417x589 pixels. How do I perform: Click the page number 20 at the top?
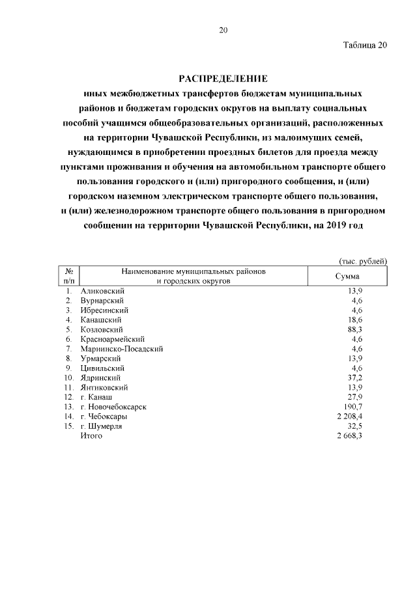(x=223, y=30)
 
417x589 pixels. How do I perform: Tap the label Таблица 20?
(x=365, y=45)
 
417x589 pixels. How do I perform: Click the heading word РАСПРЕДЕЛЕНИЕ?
(x=223, y=78)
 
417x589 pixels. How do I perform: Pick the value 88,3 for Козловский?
(x=354, y=329)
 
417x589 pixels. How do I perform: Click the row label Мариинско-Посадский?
(x=121, y=349)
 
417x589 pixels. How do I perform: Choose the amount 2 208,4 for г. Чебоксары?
(x=349, y=417)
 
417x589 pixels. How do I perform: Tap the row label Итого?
(x=91, y=435)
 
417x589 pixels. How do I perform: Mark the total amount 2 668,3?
(x=349, y=435)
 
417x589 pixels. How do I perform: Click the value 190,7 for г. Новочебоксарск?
(x=352, y=407)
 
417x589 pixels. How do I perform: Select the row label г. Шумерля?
(x=101, y=426)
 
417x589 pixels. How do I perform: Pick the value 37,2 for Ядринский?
(x=354, y=377)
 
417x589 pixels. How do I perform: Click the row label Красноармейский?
(x=112, y=339)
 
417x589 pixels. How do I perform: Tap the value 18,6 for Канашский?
(x=354, y=320)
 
